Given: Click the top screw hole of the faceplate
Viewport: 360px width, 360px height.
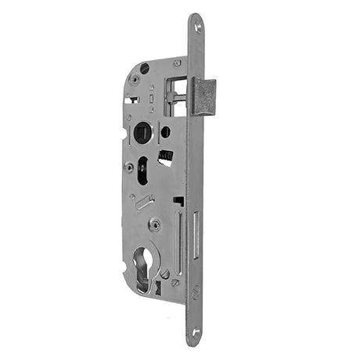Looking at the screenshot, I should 196,27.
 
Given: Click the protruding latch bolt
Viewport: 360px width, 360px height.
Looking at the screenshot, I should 205,96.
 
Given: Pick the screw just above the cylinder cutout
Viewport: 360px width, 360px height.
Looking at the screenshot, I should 157,225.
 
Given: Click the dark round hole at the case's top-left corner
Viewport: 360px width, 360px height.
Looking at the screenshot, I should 145,69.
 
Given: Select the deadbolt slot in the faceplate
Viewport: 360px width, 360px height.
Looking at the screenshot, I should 196,235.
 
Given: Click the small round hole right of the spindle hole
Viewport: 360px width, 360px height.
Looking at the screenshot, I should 166,131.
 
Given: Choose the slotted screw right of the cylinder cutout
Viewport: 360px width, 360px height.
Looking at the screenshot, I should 165,274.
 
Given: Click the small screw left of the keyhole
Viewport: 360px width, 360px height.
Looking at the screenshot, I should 128,166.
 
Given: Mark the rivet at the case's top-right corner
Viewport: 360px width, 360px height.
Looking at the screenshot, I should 177,63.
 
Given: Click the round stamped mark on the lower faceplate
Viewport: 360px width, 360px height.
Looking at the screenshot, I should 196,291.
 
